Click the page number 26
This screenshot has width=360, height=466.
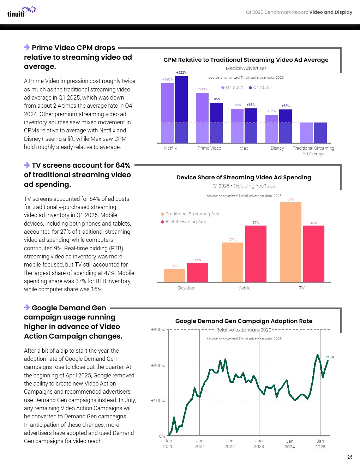point(349,457)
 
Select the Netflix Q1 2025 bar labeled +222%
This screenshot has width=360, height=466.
point(181,109)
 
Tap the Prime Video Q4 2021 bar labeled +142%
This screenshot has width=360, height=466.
point(202,118)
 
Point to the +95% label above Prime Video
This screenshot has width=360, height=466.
point(216,99)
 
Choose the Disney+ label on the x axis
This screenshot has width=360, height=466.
point(278,148)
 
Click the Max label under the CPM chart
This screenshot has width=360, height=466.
point(244,148)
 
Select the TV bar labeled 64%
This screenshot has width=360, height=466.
point(290,242)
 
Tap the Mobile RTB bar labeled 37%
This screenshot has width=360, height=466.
point(256,254)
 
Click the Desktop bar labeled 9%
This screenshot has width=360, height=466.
point(174,275)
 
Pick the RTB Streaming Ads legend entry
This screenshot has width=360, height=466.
point(183,222)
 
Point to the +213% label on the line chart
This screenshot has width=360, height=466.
point(329,357)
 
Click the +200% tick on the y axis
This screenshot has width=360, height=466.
point(158,365)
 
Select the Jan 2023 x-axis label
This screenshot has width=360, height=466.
point(259,443)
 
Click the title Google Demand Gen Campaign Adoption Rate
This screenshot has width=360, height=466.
point(244,321)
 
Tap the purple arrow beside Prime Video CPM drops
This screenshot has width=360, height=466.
point(27,47)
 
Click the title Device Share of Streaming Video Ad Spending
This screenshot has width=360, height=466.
point(244,177)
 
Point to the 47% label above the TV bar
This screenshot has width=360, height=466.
point(314,223)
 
